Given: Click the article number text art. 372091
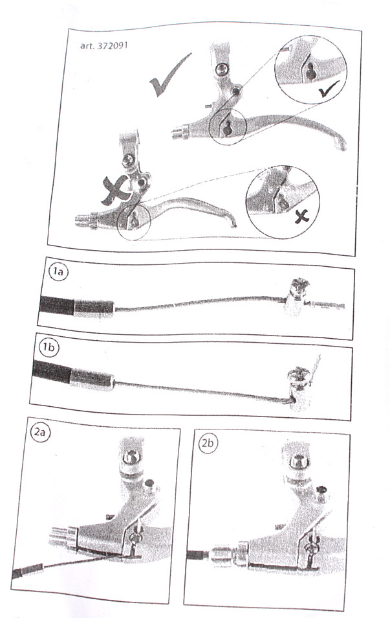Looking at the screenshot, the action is [104, 45].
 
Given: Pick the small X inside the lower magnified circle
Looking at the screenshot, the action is [302, 216].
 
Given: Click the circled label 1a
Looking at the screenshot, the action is [58, 272].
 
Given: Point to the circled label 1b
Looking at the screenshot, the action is [49, 347].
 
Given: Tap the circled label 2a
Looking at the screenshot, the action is [39, 432].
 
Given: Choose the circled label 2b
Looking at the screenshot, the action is [208, 443].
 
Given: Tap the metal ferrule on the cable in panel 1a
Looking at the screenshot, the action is [94, 308].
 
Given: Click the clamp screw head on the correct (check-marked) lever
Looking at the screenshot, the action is [222, 70].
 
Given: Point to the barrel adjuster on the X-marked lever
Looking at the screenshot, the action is [85, 219].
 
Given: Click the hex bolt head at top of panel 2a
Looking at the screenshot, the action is [131, 457].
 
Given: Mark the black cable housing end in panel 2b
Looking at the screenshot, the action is [197, 555].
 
